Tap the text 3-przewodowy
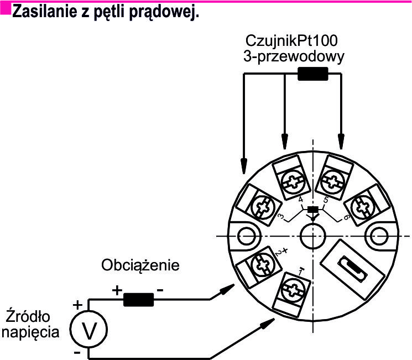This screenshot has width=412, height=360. click(294, 56)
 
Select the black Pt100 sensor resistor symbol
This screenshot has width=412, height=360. click(312, 74)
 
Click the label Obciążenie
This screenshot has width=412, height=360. click(140, 265)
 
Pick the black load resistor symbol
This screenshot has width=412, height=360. click(138, 299)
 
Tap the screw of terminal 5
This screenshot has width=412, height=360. click(334, 182)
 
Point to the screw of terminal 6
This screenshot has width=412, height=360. click(364, 206)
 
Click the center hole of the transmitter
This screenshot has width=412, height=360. click(312, 236)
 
